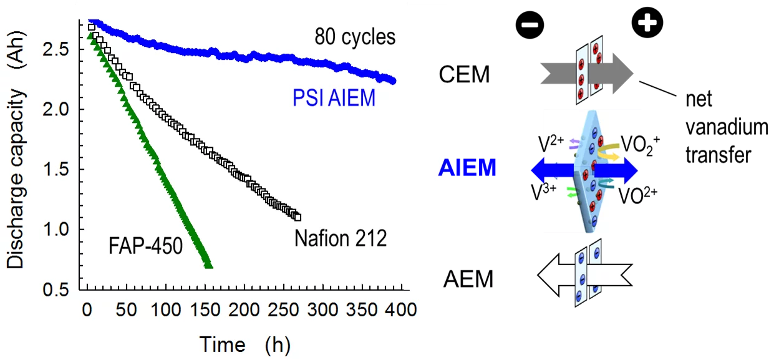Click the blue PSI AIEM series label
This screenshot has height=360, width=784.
pos(334,98)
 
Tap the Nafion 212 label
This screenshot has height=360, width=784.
pos(341,238)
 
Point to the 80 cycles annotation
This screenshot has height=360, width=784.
pos(355,37)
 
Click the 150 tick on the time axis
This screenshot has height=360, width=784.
pos(204,310)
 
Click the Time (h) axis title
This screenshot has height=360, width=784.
pos(244,344)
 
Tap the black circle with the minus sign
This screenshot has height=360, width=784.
pos(530,25)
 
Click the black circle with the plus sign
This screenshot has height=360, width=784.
pos(647,24)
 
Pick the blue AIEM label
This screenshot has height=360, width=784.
pos(467,168)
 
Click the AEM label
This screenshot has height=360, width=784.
pos(468,278)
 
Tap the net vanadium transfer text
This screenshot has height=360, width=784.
pos(726,127)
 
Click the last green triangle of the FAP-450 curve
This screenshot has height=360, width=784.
pos(209,265)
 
